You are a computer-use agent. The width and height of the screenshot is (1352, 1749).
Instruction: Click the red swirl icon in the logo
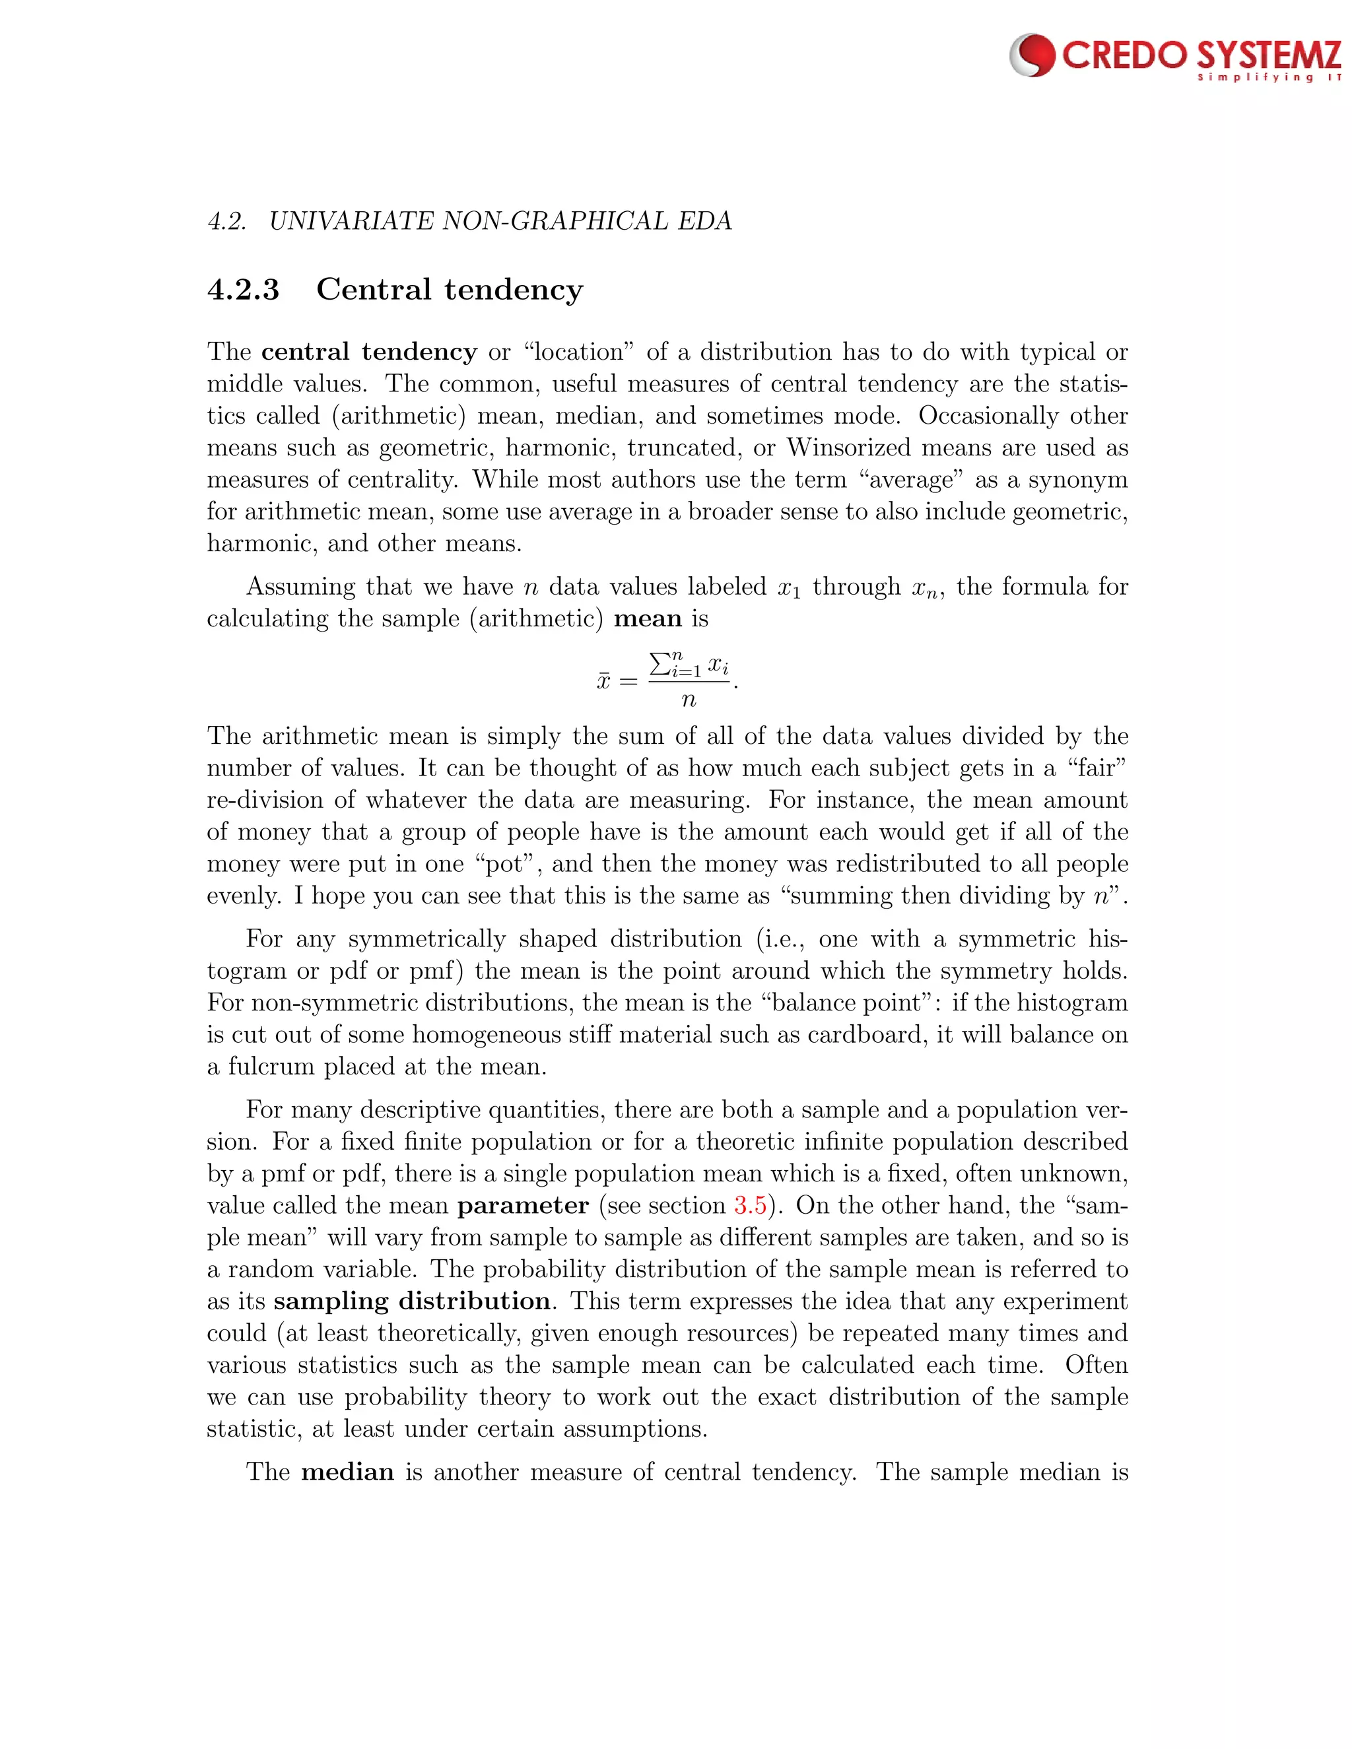click(x=1033, y=55)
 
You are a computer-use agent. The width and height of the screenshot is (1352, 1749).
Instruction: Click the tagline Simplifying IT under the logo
click(x=1269, y=79)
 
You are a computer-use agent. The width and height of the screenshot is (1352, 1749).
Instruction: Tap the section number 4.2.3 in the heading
click(x=244, y=289)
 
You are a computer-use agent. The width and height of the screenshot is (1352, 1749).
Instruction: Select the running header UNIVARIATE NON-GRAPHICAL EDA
click(x=500, y=221)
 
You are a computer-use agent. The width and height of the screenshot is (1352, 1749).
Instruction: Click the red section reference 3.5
click(x=750, y=1205)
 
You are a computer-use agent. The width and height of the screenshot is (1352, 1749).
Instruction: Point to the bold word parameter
click(x=522, y=1205)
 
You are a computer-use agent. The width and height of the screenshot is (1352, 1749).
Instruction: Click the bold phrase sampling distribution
click(x=412, y=1301)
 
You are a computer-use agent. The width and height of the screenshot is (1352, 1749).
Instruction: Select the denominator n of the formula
click(x=688, y=700)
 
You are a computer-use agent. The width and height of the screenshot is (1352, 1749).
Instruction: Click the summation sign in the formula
click(x=659, y=664)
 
